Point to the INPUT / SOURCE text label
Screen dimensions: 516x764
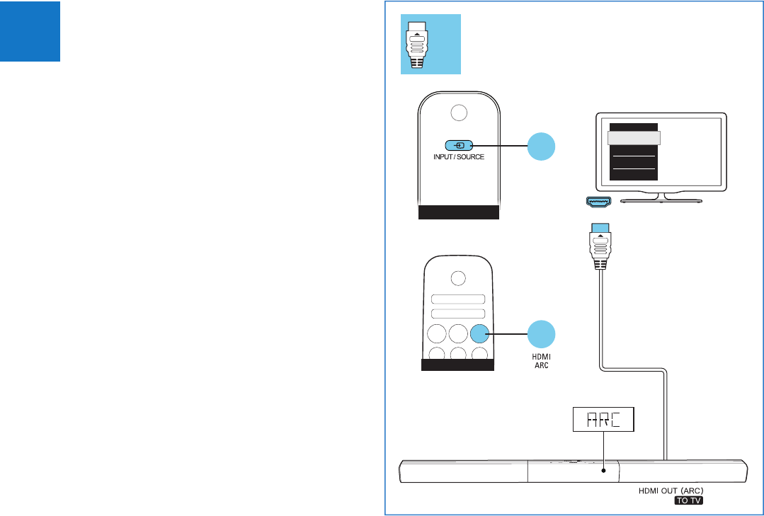tap(459, 156)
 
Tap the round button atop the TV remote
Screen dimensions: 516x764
tap(459, 112)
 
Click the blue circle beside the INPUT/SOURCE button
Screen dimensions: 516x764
tap(542, 147)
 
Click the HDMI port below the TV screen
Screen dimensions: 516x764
tap(599, 201)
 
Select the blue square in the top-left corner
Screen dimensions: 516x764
tap(30, 31)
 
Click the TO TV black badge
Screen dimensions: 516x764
tap(692, 500)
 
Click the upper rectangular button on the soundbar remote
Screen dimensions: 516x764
tap(458, 299)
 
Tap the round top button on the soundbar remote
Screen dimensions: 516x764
tap(458, 277)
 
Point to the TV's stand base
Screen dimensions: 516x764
tap(661, 201)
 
